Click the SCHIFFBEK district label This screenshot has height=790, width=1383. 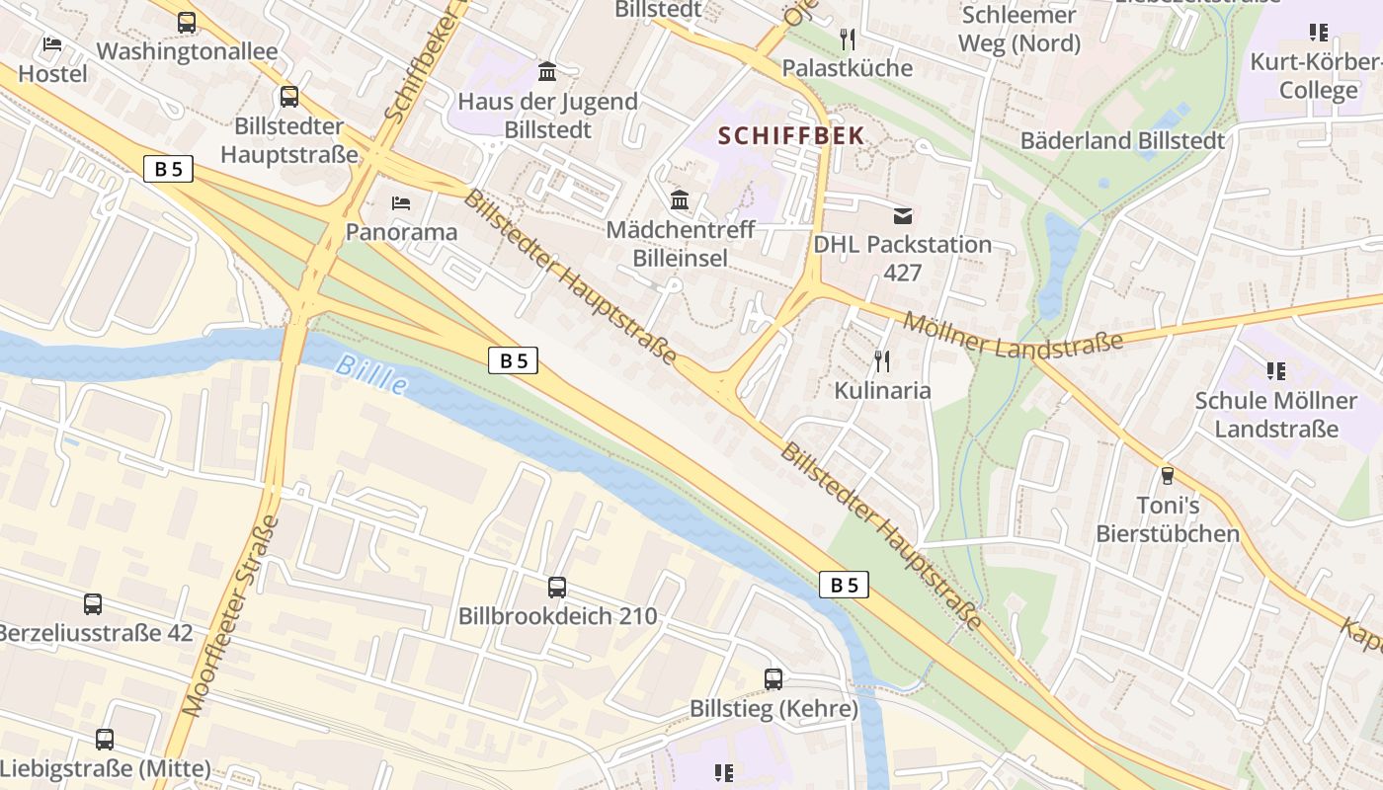pyautogui.click(x=791, y=135)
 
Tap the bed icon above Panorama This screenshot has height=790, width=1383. pyautogui.click(x=401, y=203)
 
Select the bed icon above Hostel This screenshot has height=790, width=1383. pyautogui.click(x=52, y=44)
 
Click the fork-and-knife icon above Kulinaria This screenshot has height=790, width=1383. pyautogui.click(x=882, y=361)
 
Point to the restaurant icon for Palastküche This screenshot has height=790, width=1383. pyautogui.click(x=847, y=39)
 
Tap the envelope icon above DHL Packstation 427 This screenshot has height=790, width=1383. pyautogui.click(x=902, y=215)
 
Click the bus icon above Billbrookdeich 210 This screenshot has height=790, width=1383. pyautogui.click(x=557, y=588)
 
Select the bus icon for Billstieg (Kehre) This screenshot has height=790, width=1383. pyautogui.click(x=773, y=679)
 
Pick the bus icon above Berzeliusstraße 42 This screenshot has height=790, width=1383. pyautogui.click(x=93, y=604)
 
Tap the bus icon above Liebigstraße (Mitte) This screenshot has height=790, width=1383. pyautogui.click(x=105, y=740)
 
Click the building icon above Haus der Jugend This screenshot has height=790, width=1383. pyautogui.click(x=547, y=72)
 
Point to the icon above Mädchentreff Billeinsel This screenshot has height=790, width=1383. pyautogui.click(x=680, y=200)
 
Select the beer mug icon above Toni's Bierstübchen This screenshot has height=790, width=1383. pyautogui.click(x=1167, y=476)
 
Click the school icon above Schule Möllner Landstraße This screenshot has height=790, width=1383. pyautogui.click(x=1275, y=371)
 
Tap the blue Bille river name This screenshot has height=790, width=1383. pyautogui.click(x=370, y=374)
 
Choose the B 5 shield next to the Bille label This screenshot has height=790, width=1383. pyautogui.click(x=513, y=360)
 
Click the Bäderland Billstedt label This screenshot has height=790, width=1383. pyautogui.click(x=1122, y=140)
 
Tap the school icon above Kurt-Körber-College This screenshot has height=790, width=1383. pyautogui.click(x=1318, y=33)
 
